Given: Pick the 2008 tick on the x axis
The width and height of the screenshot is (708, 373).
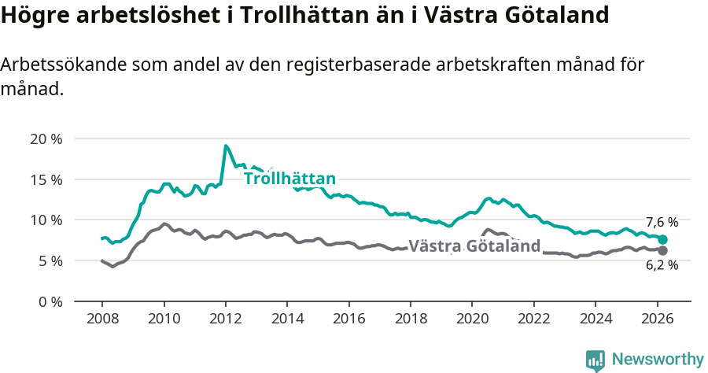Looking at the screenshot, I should tap(102, 319).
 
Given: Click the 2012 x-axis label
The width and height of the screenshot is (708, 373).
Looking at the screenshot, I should tap(226, 319).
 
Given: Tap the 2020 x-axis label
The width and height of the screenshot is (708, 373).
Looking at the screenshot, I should tap(472, 319).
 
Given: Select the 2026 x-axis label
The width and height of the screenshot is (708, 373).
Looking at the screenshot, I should tap(657, 319).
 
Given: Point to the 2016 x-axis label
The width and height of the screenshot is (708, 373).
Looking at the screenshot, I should tap(348, 319).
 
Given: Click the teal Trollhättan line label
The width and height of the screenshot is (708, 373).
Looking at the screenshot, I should tap(289, 179).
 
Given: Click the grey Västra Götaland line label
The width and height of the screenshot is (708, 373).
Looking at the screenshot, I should tap(474, 246).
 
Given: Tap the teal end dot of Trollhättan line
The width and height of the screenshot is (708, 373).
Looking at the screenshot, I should tap(662, 239).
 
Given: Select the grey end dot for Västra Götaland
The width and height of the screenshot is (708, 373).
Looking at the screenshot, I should tap(662, 250).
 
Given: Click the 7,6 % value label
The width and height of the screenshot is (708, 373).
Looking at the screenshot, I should tap(662, 223).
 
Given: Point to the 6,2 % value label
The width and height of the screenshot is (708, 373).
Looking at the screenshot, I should tap(662, 266).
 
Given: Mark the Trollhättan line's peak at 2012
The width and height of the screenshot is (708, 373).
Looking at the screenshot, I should tap(226, 146).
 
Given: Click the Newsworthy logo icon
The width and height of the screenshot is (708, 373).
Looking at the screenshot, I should tap(596, 360).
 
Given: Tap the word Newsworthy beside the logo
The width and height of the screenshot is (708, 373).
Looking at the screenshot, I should tap(657, 360).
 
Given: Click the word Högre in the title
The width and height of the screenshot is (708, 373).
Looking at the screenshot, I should tap(33, 15).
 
